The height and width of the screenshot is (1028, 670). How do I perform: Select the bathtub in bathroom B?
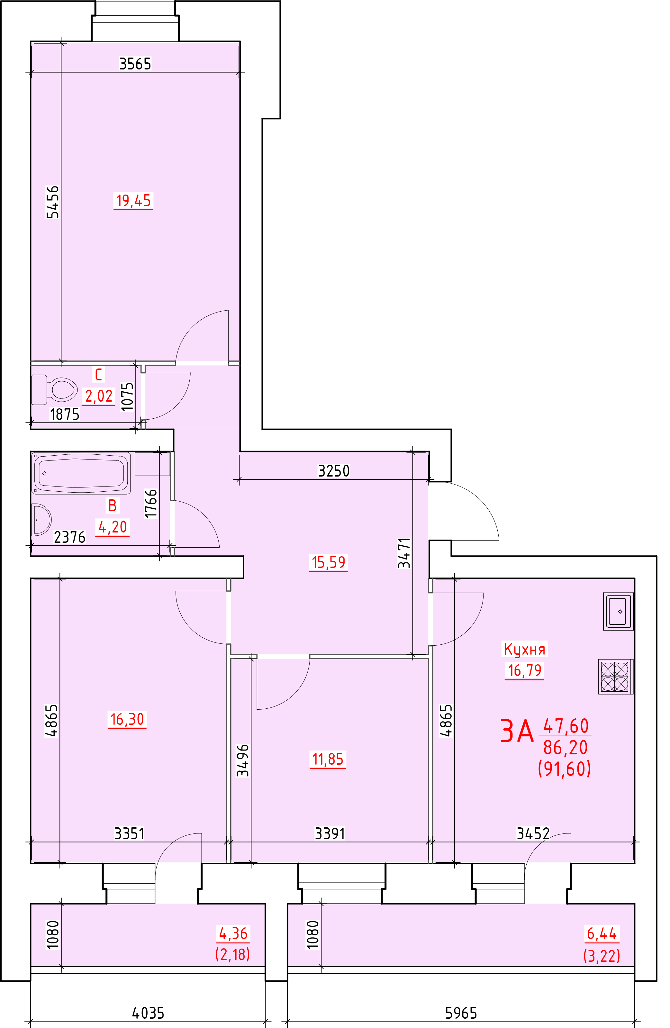pos(82,473)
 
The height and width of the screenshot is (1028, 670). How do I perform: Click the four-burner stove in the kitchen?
pos(615,677)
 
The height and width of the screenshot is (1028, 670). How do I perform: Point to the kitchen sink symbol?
pos(618,611)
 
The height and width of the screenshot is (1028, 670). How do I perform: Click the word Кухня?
pos(524,649)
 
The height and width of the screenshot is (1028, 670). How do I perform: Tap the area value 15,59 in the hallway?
pos(328,562)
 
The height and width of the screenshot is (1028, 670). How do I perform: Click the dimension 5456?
pos(53,202)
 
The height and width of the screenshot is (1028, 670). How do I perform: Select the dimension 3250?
pos(333,471)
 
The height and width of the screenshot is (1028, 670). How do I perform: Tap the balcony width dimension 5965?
pos(461,1013)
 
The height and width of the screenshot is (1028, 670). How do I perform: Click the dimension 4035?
pos(148,1013)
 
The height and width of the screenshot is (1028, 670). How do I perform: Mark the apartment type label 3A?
pos(517,731)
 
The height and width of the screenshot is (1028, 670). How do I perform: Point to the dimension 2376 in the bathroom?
pos(69,537)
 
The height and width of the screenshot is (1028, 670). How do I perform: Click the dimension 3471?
pos(404,553)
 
